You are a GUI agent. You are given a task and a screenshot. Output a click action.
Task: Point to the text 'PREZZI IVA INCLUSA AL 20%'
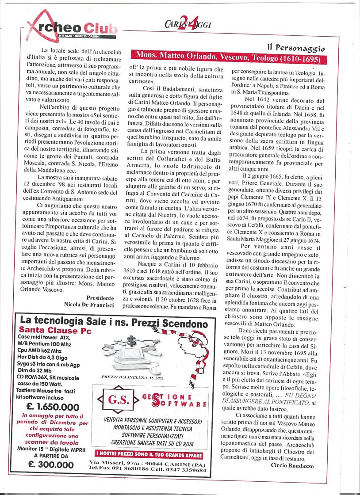[x=126, y=378]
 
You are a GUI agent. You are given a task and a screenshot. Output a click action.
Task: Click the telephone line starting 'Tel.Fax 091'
[x=147, y=470]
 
